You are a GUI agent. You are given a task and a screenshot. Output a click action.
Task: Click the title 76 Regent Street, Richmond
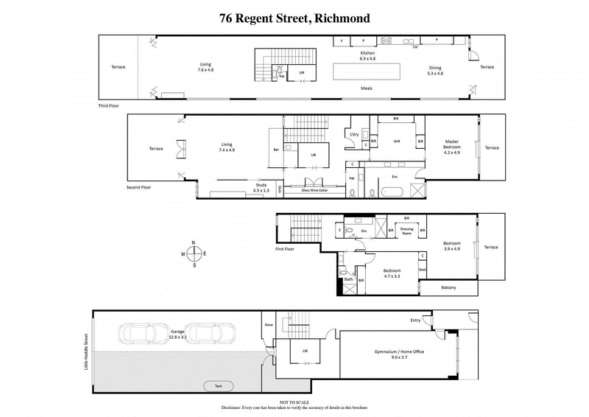(x=294, y=18)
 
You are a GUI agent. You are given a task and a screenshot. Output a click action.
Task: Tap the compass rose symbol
(x=194, y=253)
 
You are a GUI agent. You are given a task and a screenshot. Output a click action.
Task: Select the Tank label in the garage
(x=218, y=385)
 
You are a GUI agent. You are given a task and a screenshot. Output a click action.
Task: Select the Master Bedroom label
(x=451, y=145)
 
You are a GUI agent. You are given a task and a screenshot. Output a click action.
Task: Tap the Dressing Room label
(x=406, y=231)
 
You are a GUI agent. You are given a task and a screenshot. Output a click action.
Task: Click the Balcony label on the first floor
(x=448, y=287)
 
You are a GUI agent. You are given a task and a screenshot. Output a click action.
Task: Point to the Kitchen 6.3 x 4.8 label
(x=367, y=57)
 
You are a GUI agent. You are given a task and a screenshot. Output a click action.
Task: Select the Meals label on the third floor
(x=366, y=88)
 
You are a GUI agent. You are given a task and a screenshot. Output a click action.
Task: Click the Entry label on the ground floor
(x=416, y=320)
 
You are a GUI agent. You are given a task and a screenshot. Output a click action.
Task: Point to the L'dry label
(x=354, y=134)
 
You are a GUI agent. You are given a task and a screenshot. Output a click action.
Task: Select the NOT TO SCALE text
(x=294, y=402)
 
